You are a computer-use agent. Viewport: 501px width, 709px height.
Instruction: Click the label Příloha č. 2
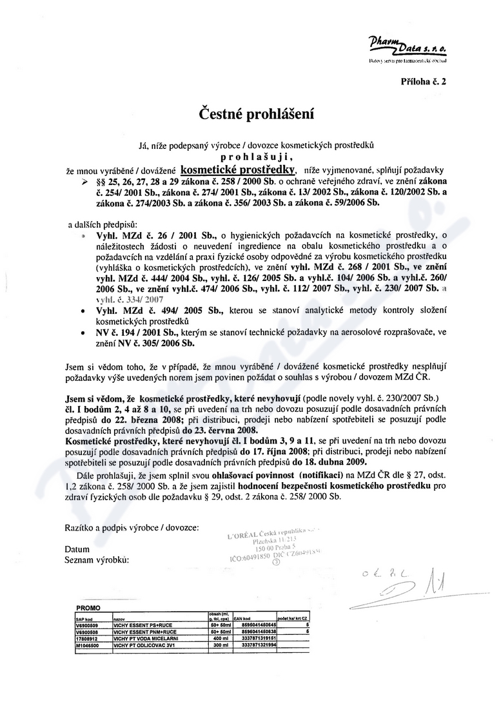point(422,82)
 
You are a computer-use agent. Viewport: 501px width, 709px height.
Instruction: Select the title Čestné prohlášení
point(250,115)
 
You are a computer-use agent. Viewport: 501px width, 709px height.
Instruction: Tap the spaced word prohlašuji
point(250,156)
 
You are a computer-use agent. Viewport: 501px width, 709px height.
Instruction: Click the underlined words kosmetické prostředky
point(238,170)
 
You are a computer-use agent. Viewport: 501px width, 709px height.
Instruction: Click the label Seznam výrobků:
point(97,559)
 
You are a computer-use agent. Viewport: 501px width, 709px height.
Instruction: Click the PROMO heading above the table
point(88,608)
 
